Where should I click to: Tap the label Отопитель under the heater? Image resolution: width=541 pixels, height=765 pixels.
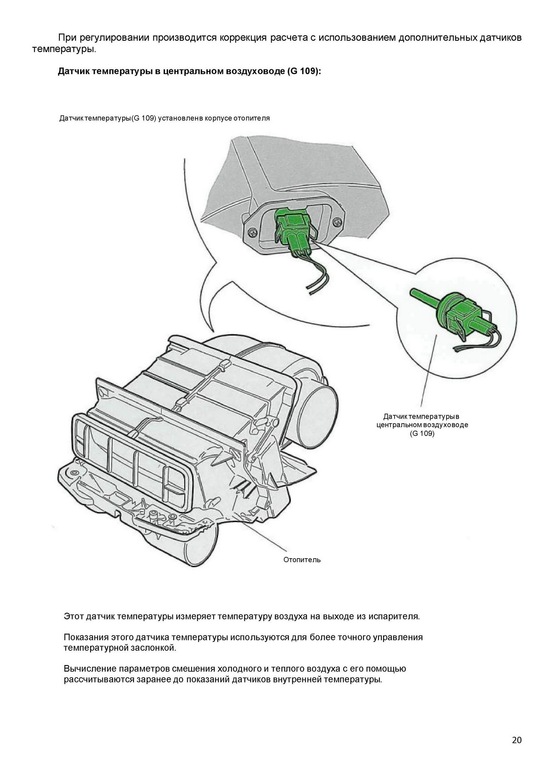click(x=302, y=560)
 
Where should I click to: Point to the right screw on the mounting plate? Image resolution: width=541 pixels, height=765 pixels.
click(x=338, y=221)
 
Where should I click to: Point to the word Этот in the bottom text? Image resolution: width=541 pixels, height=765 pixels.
click(x=74, y=616)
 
